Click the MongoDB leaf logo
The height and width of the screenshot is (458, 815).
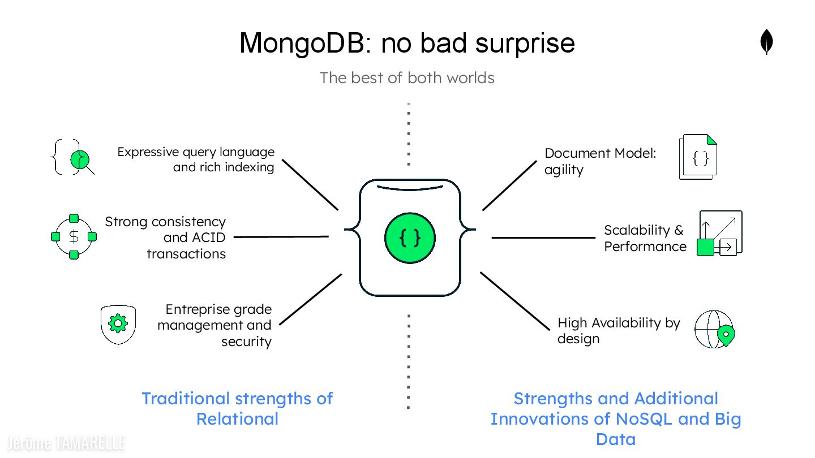tap(766, 42)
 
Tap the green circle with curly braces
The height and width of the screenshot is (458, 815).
tap(410, 237)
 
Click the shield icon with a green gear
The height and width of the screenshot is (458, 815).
tap(118, 324)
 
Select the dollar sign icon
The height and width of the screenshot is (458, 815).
tap(74, 237)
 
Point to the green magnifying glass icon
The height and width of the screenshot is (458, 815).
tap(81, 160)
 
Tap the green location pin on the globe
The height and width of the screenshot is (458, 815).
tap(725, 335)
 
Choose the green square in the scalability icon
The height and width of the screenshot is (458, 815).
tap(705, 247)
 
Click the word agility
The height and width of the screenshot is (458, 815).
tap(564, 170)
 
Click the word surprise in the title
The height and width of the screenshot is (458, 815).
tap(525, 43)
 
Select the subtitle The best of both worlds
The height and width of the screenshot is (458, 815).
tap(407, 77)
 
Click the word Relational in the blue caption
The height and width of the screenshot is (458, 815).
tap(237, 419)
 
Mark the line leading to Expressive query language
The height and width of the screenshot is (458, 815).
tap(310, 184)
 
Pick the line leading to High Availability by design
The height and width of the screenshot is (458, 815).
tap(514, 301)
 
